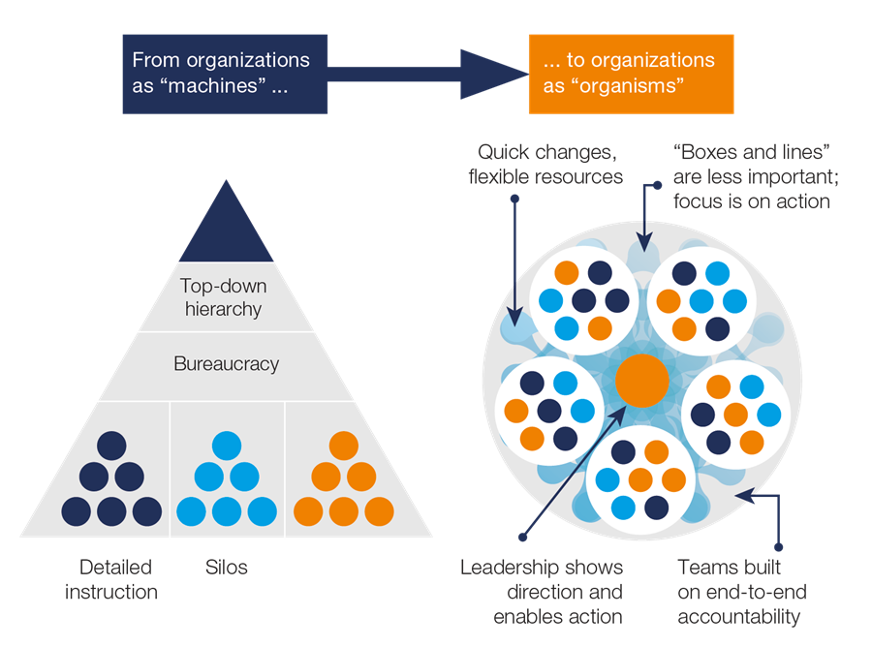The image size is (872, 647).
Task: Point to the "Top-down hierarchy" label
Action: (x=225, y=298)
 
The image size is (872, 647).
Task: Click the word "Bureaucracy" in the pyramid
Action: (x=226, y=364)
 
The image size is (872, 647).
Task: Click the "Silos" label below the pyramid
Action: (x=226, y=568)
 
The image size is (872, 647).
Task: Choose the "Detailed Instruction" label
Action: (x=111, y=579)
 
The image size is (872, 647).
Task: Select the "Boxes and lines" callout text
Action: (x=753, y=177)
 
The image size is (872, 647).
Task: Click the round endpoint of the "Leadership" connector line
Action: (x=523, y=538)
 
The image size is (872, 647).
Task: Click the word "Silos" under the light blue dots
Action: (x=226, y=568)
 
